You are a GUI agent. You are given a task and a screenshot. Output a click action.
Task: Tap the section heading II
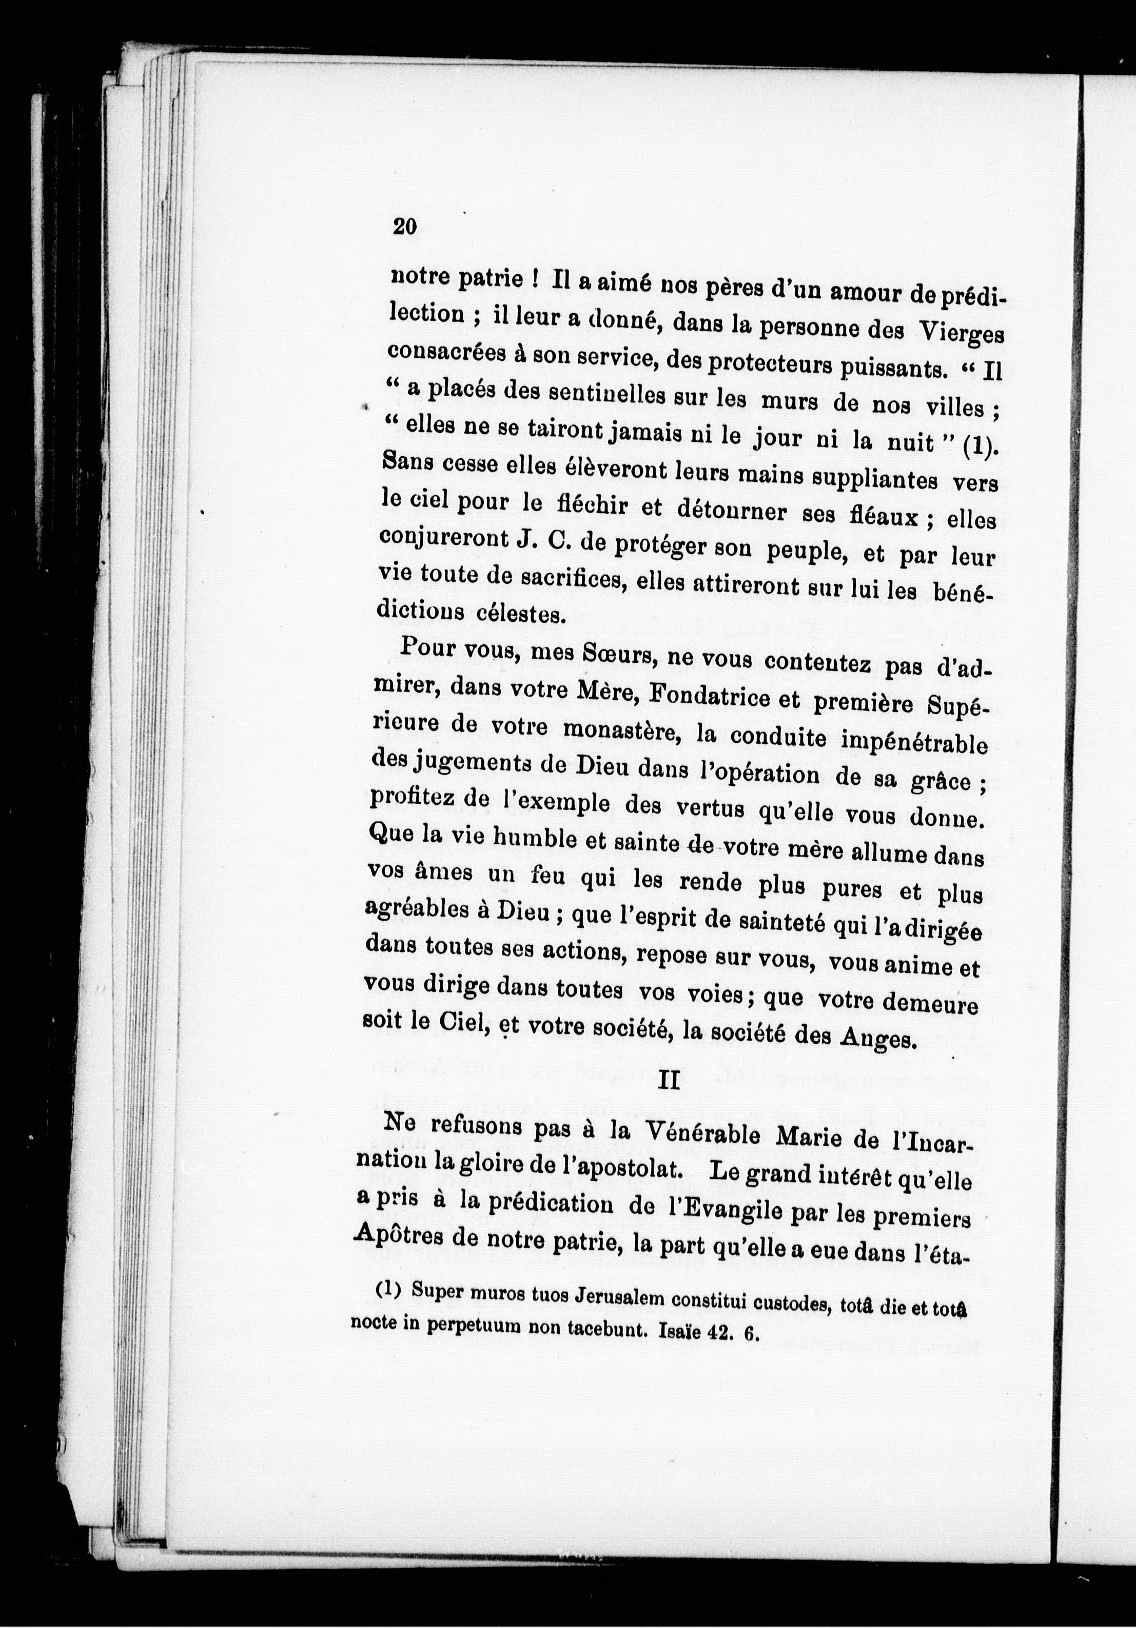coord(669,1081)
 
